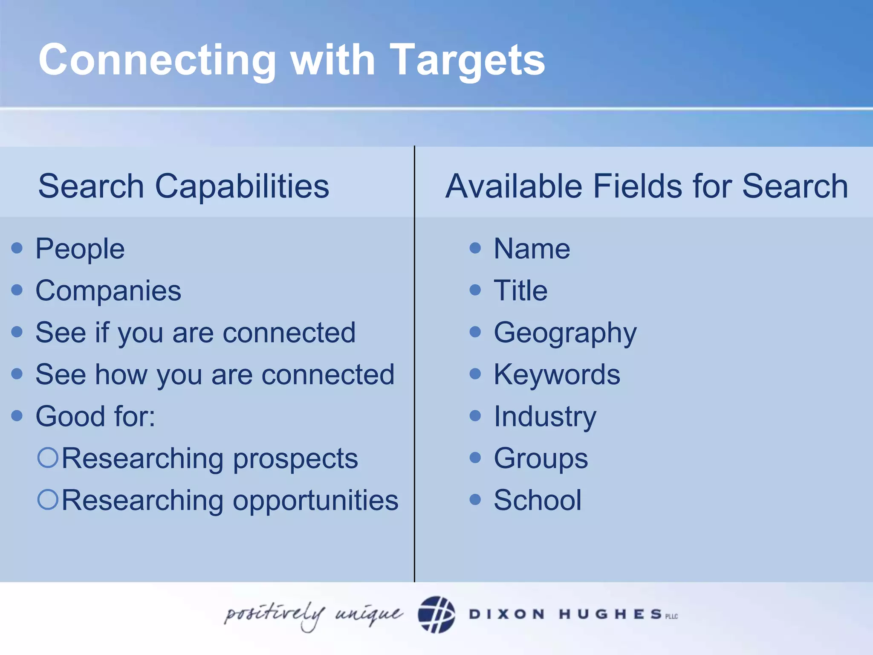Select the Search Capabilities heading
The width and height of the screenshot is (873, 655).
pos(183,186)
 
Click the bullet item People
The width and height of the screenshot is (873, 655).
pos(80,249)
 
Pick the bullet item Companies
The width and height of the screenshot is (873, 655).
pos(108,291)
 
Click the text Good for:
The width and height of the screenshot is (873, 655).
pos(95,417)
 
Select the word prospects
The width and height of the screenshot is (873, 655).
pos(295,459)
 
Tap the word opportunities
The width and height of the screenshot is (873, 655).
pos(315,501)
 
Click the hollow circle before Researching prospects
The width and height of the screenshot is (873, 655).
pos(48,458)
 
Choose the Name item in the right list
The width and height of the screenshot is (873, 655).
pos(532,249)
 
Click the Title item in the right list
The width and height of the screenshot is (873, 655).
pos(520,291)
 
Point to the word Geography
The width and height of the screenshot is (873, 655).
pos(565,333)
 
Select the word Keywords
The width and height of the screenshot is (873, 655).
pos(557,375)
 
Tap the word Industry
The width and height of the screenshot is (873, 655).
pos(545,417)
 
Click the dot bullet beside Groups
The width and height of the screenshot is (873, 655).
pos(475,458)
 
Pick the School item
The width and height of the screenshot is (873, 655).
pos(537,500)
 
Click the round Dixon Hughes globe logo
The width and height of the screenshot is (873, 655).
pos(436,614)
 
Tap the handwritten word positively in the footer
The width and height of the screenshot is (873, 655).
pos(275,614)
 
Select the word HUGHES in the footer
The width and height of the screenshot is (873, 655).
pos(610,614)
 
